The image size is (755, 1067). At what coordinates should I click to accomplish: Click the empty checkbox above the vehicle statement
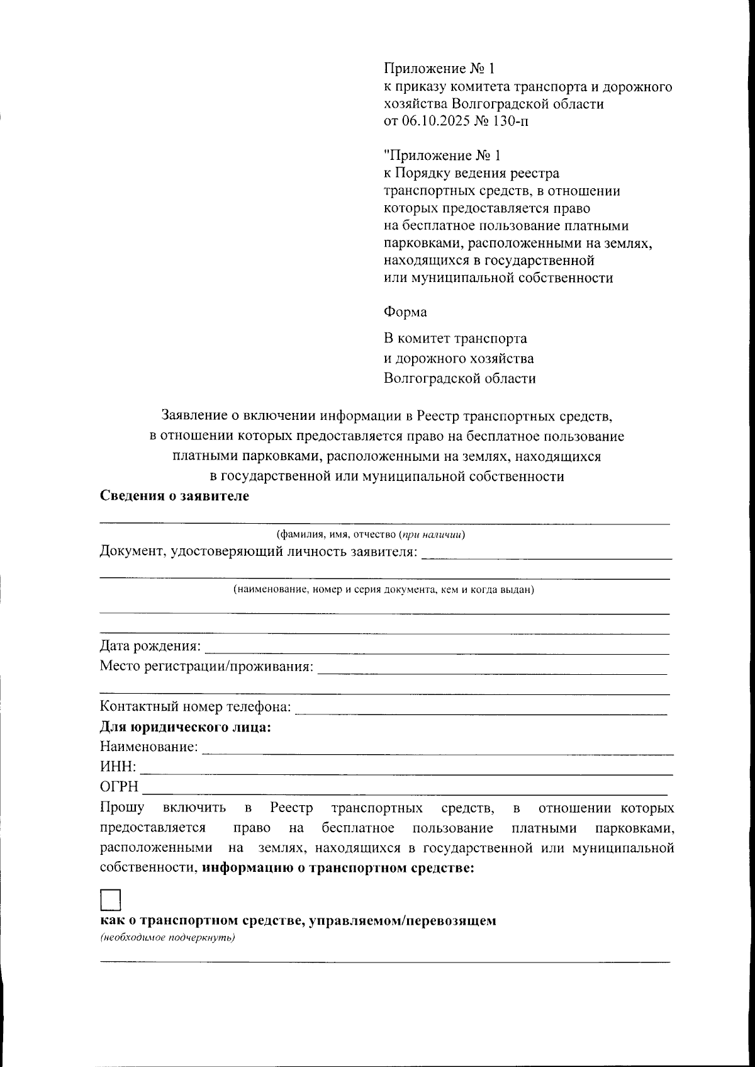coord(111,900)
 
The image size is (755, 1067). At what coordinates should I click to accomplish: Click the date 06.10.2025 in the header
coord(434,121)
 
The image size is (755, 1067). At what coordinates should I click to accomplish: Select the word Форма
coord(405,312)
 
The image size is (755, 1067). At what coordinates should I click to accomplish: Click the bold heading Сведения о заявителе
coord(174,495)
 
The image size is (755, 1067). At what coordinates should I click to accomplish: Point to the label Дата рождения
coord(150,646)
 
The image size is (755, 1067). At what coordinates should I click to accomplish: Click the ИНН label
coord(118,767)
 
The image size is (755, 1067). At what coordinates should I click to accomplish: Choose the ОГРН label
coord(119,787)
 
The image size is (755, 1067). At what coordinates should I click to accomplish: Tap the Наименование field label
coord(148,747)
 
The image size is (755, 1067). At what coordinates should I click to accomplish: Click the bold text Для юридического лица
coord(185,727)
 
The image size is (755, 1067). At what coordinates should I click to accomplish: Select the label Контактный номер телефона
coord(195,707)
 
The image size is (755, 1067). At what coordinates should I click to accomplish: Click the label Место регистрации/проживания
coord(206,666)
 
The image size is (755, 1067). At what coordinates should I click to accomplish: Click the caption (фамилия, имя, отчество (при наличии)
coord(371,535)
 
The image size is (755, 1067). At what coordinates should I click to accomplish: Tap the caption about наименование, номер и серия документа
coord(384,590)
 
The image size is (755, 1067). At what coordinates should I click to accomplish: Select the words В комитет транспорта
coord(456,339)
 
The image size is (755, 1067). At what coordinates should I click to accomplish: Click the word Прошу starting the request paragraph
coord(121,808)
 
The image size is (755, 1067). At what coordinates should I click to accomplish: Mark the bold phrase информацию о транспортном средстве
coord(338,868)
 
